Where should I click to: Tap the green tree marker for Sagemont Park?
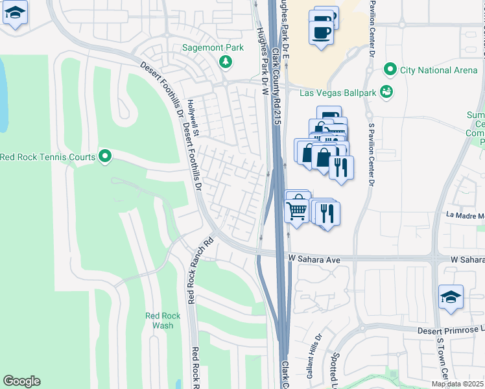click(x=225, y=62)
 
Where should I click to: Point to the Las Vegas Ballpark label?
click(x=338, y=93)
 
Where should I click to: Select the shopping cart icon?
click(x=297, y=207)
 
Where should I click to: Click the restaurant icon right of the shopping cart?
click(x=327, y=213)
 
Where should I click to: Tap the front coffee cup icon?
click(x=321, y=32)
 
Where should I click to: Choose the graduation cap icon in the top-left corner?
click(x=15, y=14)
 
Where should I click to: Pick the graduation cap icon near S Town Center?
click(x=451, y=298)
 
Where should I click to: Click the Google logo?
click(x=21, y=381)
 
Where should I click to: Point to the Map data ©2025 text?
click(x=457, y=384)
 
